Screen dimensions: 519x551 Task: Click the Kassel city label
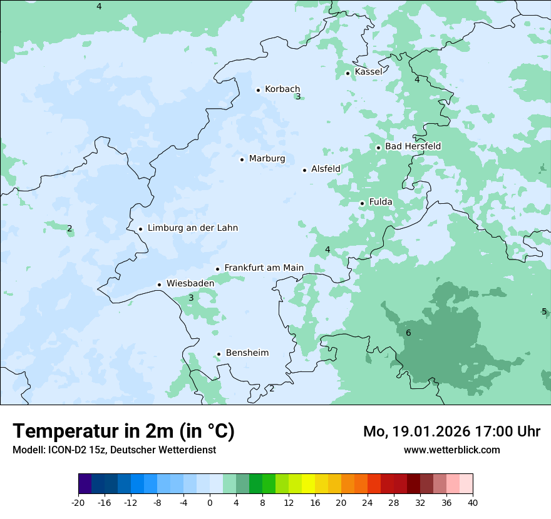[368, 72]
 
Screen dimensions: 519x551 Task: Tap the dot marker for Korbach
[258, 90]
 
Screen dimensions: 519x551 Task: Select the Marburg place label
[267, 159]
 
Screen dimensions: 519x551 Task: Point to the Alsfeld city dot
[305, 170]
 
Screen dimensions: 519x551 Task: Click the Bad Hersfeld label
[413, 146]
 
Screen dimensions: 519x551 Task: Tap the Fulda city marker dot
[362, 203]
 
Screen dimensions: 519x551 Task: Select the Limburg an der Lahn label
[192, 228]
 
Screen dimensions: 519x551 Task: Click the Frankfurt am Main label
[264, 268]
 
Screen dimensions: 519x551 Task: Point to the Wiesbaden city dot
[160, 285]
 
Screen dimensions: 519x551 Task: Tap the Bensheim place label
[247, 353]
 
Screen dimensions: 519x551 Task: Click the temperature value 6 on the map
[408, 333]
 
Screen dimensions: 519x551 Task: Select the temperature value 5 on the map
[543, 311]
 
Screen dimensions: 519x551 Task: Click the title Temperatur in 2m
[123, 431]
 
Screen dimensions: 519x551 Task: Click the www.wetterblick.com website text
[451, 450]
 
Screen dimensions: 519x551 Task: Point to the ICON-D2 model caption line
[114, 450]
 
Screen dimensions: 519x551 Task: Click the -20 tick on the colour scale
[78, 503]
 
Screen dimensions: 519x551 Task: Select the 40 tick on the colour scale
[473, 503]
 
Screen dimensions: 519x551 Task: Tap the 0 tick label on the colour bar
[210, 503]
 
